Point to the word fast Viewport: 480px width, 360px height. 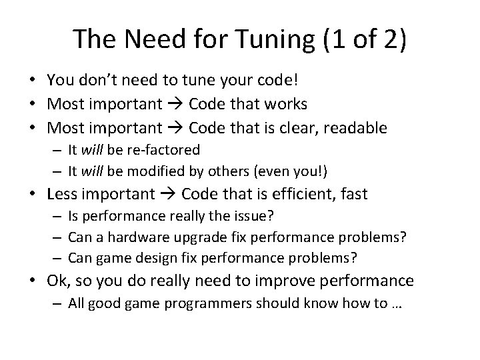click(x=353, y=195)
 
